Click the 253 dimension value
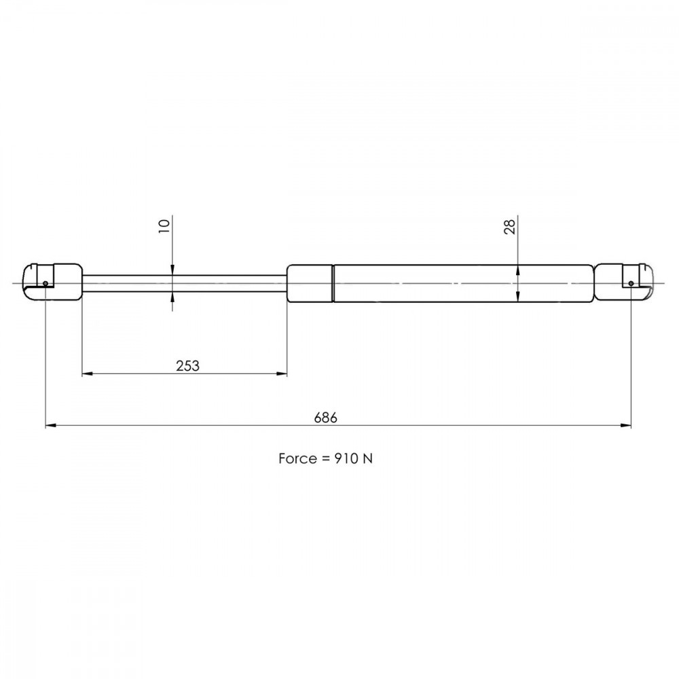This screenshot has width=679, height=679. tap(187, 366)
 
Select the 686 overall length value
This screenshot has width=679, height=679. tap(326, 418)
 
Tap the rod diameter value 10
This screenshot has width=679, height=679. tap(164, 226)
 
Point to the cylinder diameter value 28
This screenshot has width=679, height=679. tap(510, 227)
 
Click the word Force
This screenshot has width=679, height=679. tap(297, 458)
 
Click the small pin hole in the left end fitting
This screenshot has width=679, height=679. tap(45, 283)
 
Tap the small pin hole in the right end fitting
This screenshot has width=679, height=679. tap(631, 283)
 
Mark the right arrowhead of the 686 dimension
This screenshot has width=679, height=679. tap(626, 426)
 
